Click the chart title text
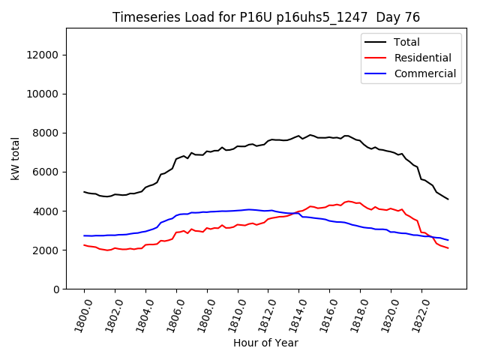click(266, 17)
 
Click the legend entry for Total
click(407, 42)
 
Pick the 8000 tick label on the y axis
click(46, 133)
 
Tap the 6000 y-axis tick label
click(46, 172)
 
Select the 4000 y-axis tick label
click(46, 211)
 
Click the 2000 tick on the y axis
click(46, 250)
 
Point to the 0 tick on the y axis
click(57, 289)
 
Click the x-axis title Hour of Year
click(265, 343)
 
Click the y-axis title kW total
click(15, 158)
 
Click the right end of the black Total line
click(448, 199)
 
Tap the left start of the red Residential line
click(84, 244)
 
